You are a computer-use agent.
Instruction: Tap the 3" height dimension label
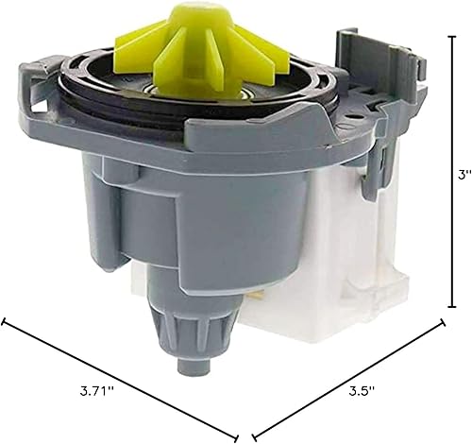tap(460, 174)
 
